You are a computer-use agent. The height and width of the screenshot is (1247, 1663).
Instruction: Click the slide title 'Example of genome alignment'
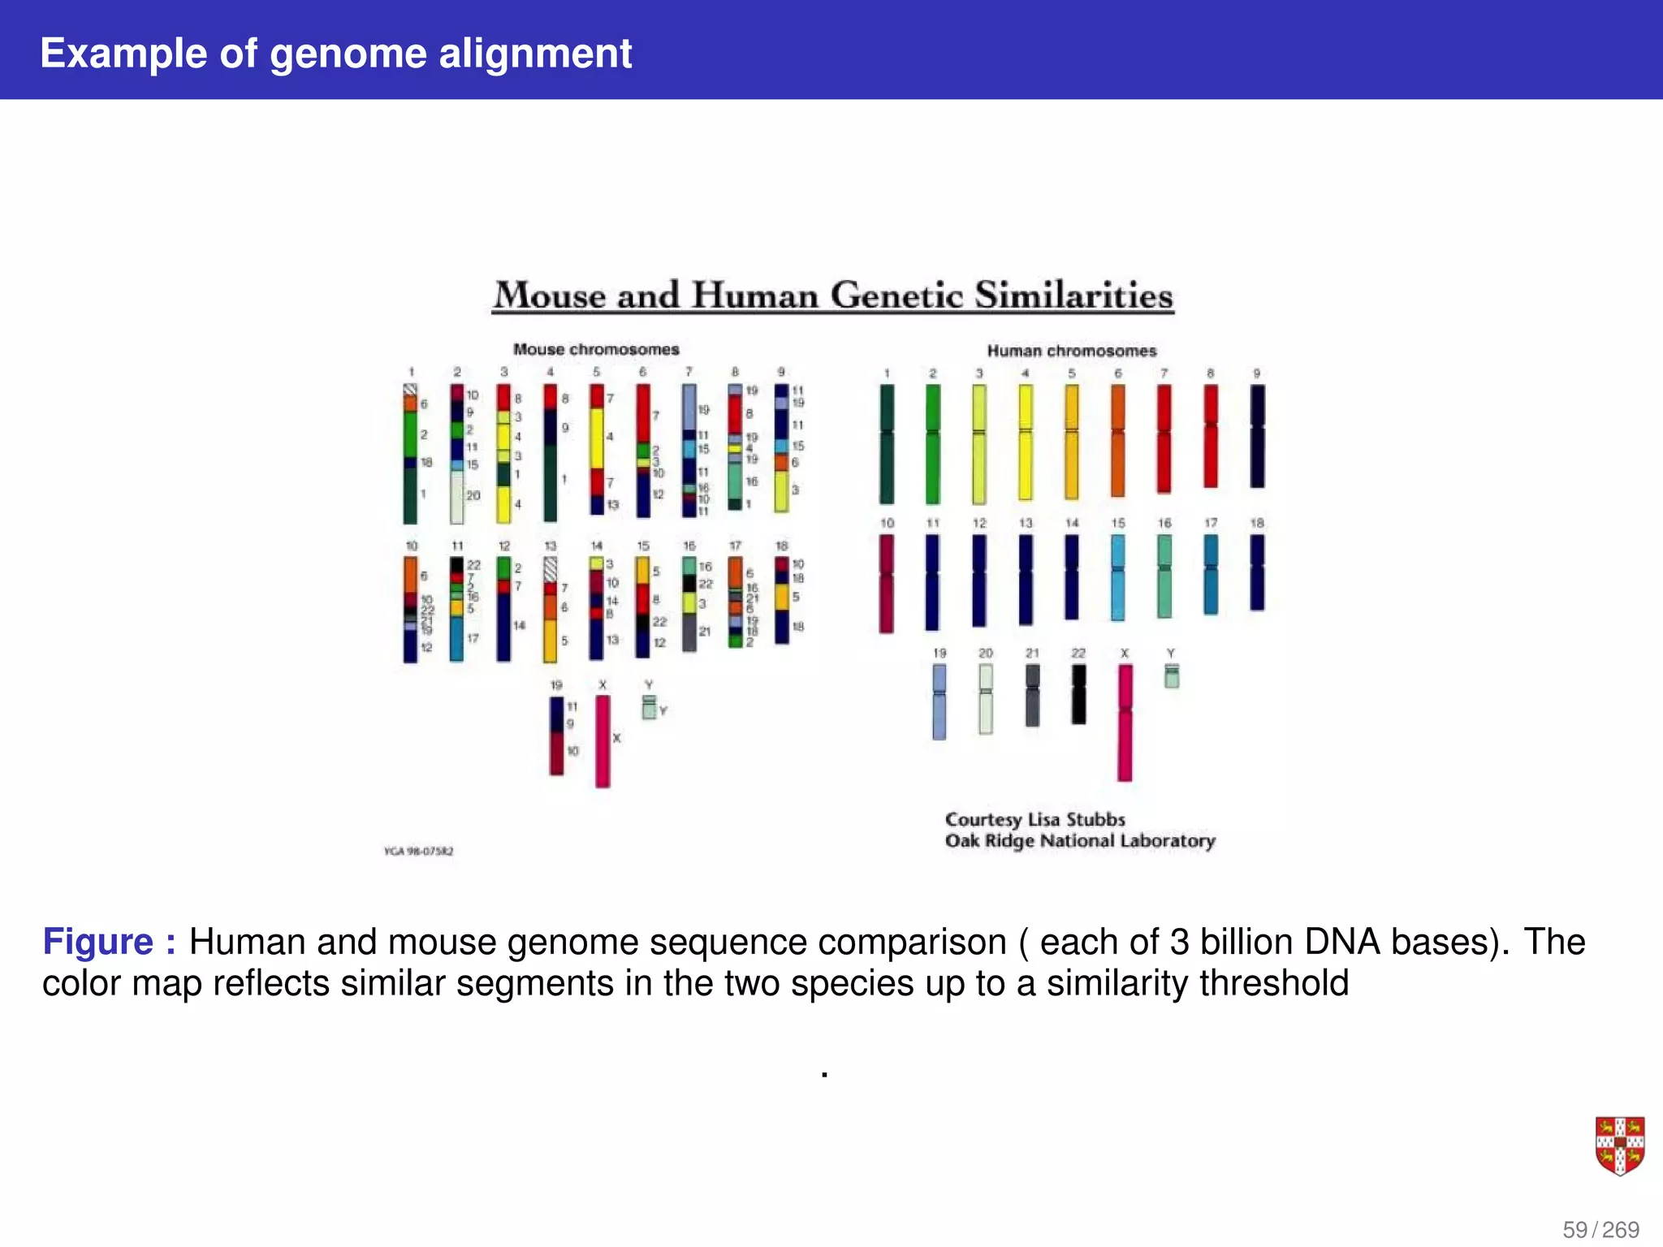[335, 54]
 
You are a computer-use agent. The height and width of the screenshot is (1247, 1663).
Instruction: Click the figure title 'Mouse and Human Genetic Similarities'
[833, 295]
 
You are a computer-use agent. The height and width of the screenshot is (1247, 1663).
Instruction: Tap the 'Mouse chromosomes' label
[596, 349]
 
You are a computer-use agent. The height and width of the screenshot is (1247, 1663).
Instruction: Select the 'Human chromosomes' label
[1071, 351]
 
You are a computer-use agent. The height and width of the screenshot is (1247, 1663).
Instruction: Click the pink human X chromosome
[1125, 723]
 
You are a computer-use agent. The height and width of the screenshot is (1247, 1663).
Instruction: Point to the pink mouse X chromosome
[603, 740]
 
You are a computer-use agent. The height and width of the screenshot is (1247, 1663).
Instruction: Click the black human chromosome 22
[1078, 694]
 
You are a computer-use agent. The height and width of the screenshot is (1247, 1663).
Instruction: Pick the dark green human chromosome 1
[887, 444]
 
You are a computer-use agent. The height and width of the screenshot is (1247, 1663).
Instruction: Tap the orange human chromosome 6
[1118, 440]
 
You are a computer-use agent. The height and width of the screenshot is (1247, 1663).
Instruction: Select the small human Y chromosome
[1172, 675]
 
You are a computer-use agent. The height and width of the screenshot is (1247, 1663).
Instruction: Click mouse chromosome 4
[551, 452]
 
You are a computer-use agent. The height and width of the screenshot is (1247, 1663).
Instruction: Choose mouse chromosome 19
[556, 736]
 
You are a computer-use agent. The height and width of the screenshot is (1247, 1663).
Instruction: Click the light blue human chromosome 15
[1118, 577]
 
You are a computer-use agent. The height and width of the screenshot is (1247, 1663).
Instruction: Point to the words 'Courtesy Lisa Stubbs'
[1035, 819]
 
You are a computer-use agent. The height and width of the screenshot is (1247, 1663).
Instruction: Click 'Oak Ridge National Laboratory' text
[1079, 840]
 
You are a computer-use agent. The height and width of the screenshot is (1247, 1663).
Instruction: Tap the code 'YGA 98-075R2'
[418, 851]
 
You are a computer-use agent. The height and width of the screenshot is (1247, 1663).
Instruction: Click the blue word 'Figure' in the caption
[97, 942]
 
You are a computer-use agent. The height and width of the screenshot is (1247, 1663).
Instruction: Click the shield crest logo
[1619, 1146]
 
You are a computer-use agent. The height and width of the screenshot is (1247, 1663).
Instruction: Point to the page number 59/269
[1600, 1229]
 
